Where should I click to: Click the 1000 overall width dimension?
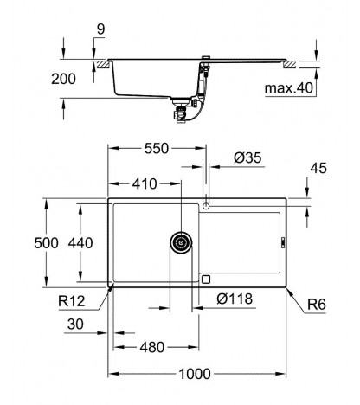coord(195,374)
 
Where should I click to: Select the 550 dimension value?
coord(157,149)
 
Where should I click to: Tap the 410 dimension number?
coord(145,184)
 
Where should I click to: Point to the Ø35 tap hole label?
coord(247,158)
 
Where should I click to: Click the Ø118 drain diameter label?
coord(235,299)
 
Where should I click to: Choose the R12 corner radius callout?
coord(72,301)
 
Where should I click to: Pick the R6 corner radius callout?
coord(316,305)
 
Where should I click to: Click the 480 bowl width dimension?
coord(152,348)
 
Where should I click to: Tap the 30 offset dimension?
coord(75,325)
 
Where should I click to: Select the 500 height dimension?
coord(46,243)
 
